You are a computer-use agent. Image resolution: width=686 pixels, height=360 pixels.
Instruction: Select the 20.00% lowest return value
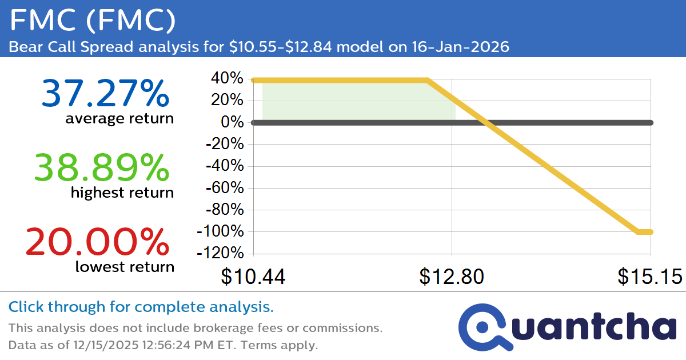[x=97, y=241]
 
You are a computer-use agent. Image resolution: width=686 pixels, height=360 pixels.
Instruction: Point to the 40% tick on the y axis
[x=228, y=78]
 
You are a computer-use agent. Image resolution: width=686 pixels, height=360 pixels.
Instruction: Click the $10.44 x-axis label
[x=253, y=277]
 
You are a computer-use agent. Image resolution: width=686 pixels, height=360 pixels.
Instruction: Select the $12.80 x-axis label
[x=452, y=277]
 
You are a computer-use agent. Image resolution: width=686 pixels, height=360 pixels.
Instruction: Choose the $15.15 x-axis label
[x=649, y=277]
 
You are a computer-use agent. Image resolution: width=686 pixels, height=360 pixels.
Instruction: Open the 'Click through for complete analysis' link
[x=141, y=307]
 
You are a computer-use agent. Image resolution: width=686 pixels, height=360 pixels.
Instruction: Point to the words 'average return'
[x=119, y=119]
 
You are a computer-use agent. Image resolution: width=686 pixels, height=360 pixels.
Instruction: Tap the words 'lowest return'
[x=125, y=266]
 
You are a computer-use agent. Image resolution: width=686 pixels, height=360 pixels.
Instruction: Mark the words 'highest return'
[x=122, y=193]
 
